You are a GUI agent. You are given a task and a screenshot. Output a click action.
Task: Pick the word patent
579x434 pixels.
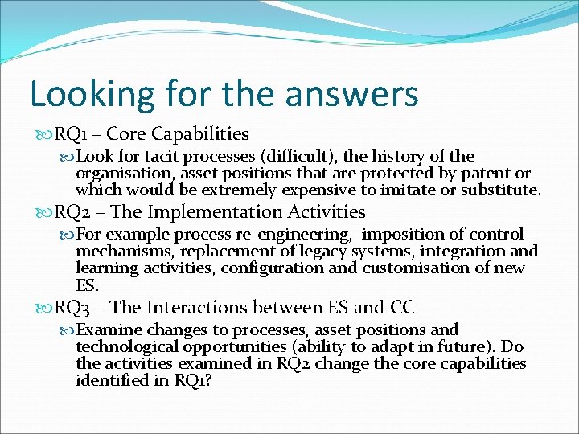pos(470,173)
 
